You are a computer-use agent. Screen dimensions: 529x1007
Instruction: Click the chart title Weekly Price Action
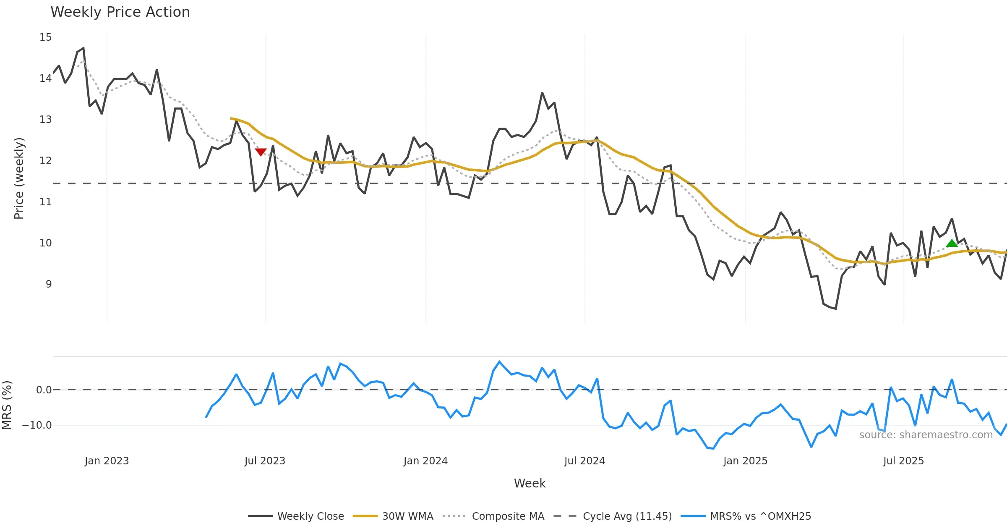[120, 12]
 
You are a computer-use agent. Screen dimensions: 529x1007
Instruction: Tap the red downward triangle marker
[261, 152]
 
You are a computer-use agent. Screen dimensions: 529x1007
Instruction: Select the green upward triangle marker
[952, 243]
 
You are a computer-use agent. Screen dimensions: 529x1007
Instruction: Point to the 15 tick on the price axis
[46, 37]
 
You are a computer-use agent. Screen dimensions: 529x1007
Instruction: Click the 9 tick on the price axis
[49, 284]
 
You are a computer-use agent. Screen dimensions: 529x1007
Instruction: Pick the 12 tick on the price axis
[46, 161]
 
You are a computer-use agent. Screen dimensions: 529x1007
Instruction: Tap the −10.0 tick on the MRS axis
[37, 425]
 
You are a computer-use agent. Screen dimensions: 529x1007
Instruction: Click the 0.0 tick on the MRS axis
[44, 390]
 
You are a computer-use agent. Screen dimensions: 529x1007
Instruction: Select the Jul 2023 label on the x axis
[265, 461]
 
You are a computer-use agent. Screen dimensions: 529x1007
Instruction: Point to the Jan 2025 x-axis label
[745, 461]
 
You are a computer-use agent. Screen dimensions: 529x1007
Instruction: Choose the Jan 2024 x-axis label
[425, 461]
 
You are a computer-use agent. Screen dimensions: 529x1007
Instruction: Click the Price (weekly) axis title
[19, 178]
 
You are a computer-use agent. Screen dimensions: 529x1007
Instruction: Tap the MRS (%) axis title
[7, 405]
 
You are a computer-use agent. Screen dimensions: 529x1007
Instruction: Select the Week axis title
[530, 484]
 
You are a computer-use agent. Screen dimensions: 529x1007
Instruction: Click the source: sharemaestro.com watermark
[926, 435]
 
